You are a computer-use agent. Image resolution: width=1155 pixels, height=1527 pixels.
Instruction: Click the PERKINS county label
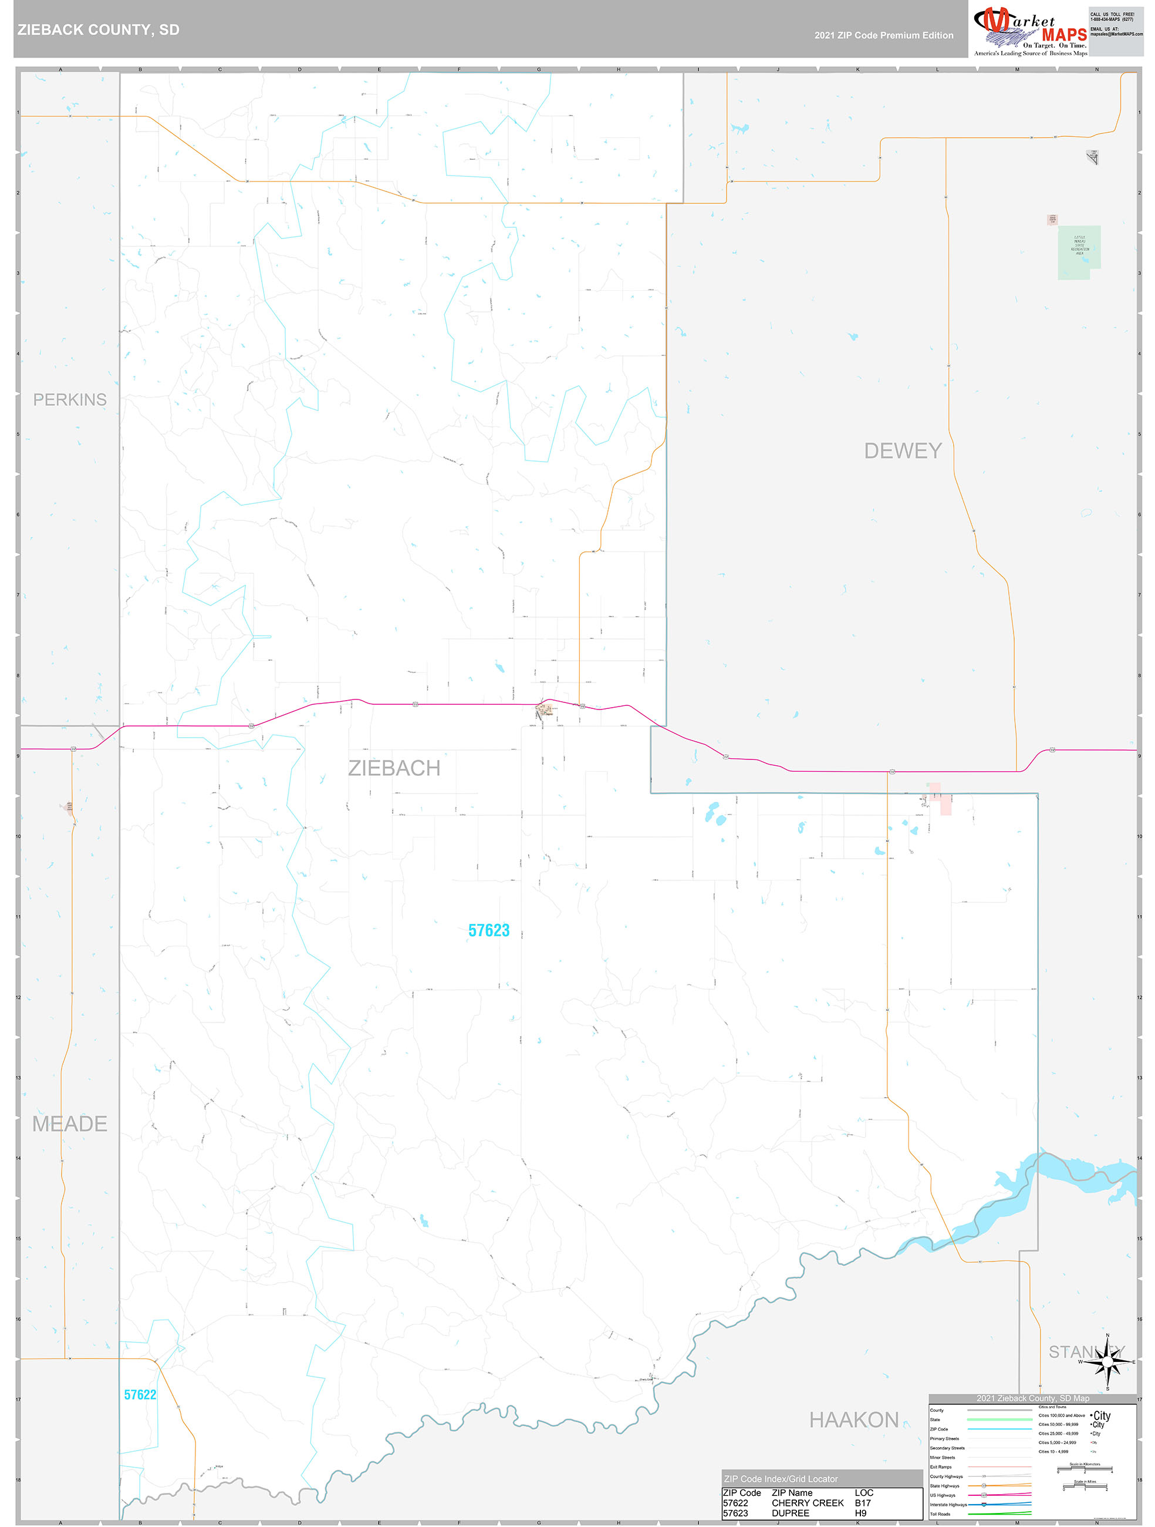point(70,400)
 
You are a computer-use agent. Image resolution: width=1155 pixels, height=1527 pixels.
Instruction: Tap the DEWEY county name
point(903,451)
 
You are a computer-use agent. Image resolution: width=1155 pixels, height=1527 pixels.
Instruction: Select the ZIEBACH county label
point(394,768)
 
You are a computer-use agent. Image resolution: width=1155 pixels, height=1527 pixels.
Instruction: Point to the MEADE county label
point(70,1124)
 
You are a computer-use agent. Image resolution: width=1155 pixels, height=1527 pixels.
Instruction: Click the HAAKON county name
point(853,1420)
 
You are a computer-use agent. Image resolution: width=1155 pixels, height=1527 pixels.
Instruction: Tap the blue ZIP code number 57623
point(488,930)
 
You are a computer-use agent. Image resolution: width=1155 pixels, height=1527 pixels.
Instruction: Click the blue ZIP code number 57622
point(140,1394)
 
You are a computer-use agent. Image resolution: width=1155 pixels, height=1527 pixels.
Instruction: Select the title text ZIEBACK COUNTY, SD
point(99,30)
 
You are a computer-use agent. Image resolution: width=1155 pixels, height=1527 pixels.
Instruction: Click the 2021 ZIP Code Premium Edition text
point(883,35)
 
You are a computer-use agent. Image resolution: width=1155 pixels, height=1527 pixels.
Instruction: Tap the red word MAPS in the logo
point(1064,35)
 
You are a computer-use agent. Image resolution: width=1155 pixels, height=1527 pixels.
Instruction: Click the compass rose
point(1107,1362)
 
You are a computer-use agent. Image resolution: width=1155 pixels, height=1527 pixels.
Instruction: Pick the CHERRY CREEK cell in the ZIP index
point(807,1503)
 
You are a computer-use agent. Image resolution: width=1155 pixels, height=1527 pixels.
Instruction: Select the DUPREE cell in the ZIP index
point(790,1513)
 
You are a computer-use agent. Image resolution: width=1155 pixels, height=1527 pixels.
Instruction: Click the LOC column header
point(864,1492)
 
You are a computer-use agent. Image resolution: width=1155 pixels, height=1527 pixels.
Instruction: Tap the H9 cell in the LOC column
point(860,1513)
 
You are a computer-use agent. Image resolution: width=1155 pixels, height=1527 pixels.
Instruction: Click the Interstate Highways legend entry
point(948,1504)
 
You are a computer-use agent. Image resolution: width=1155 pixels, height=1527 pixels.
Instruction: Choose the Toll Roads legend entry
point(940,1514)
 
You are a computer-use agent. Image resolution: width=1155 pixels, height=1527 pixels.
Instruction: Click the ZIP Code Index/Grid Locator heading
point(781,1479)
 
